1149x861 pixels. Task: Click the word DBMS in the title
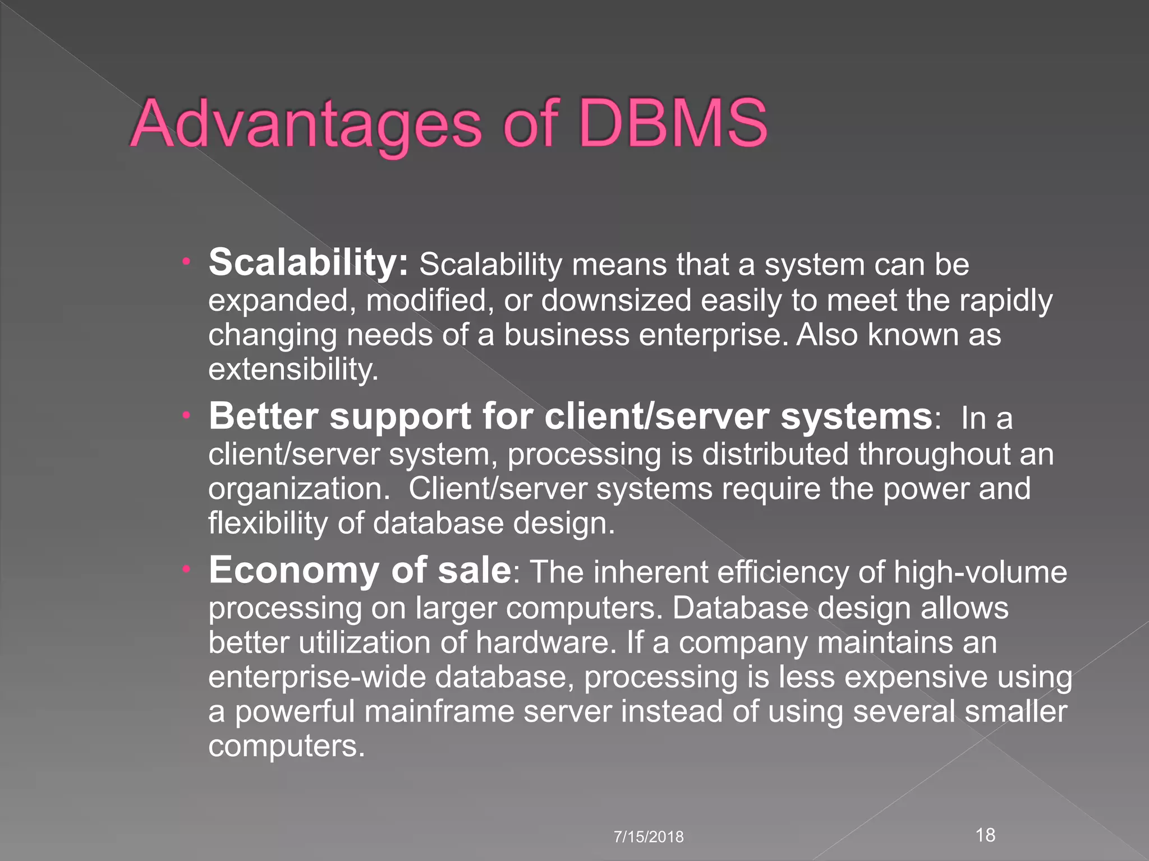(x=672, y=123)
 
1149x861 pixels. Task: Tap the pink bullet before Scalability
(x=187, y=261)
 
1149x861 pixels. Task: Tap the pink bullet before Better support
(x=187, y=415)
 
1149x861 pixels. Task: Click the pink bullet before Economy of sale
(x=187, y=570)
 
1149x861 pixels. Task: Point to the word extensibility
(x=293, y=369)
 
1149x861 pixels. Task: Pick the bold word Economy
(x=294, y=571)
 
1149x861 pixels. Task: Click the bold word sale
(x=474, y=570)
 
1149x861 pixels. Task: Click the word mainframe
(x=439, y=711)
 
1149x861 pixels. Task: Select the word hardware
(x=543, y=642)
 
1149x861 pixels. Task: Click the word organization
(x=298, y=489)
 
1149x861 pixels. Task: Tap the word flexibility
(x=268, y=524)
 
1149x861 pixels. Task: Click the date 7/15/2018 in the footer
(x=649, y=837)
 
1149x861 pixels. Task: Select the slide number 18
(x=985, y=835)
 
